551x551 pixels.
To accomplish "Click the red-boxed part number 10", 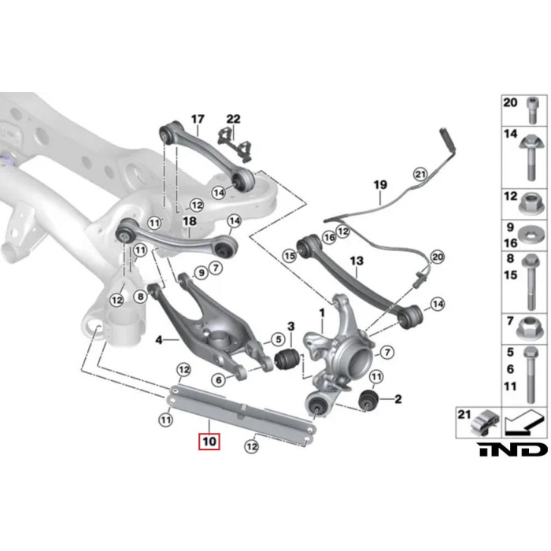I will click(x=209, y=442).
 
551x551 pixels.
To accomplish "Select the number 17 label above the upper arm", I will click(x=197, y=119).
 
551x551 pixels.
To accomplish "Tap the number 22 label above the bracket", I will click(x=233, y=119).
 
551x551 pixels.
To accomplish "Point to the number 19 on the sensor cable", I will click(x=380, y=185).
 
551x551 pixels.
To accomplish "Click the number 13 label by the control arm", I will click(x=356, y=261).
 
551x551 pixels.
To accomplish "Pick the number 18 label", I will click(x=189, y=221).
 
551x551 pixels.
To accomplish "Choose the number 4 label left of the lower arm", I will click(x=159, y=340).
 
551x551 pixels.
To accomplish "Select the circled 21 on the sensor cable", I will click(x=419, y=174).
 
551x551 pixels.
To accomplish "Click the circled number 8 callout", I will click(x=140, y=297).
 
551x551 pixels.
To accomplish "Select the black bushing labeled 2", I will click(x=368, y=400).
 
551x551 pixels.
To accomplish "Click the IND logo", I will click(x=511, y=449).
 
